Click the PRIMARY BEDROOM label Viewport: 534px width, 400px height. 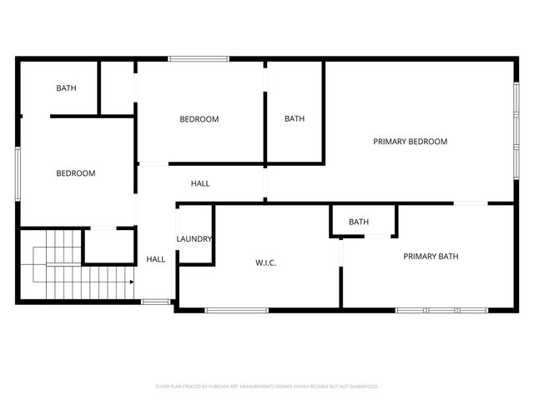410,142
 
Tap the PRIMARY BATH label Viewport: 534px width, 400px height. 431,257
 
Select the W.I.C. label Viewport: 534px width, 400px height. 265,263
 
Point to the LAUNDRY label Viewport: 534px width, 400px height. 194,239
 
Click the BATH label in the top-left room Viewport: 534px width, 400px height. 67,87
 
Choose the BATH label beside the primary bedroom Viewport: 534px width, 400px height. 295,118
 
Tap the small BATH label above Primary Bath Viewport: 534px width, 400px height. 359,222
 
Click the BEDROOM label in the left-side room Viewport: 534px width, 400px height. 75,173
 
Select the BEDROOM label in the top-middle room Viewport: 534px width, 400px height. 199,119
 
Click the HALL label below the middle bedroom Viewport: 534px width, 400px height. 200,183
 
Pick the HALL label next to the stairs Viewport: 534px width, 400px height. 156,259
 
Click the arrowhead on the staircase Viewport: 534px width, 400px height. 132,282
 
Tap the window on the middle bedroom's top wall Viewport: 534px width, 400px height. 199,58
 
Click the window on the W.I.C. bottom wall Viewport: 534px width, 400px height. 236,311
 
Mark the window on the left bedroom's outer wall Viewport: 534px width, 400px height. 18,173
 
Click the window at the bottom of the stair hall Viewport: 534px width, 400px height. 154,301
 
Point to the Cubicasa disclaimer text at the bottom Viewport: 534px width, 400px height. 267,387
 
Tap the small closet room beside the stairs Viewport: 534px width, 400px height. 109,246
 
